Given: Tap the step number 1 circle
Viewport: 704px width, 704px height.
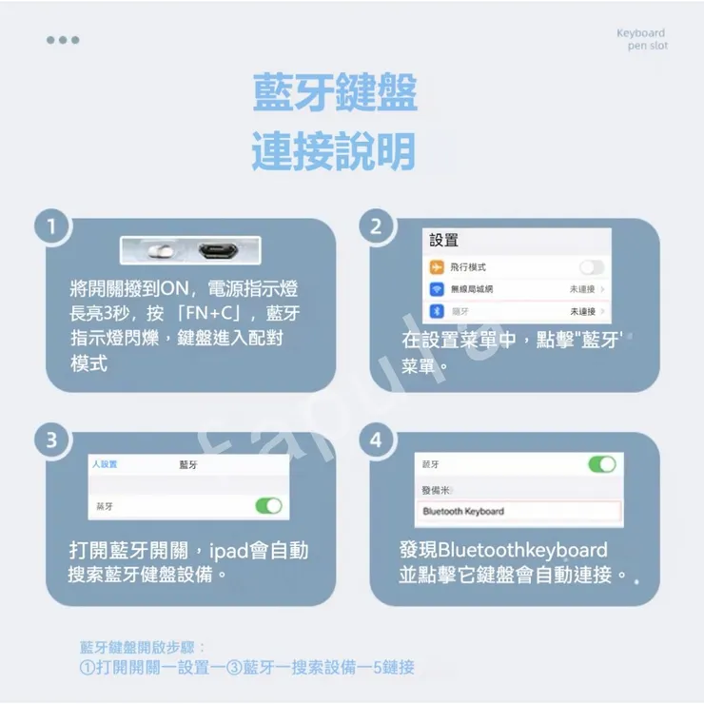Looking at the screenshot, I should [x=51, y=226].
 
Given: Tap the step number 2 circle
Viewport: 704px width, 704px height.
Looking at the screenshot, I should [x=376, y=226].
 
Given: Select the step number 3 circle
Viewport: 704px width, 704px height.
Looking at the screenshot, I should [x=51, y=440].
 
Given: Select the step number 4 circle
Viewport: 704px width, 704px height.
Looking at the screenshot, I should [x=376, y=440].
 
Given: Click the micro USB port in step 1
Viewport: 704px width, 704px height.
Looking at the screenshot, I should [x=218, y=251].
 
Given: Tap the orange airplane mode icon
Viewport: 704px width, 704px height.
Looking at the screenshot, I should [x=437, y=267].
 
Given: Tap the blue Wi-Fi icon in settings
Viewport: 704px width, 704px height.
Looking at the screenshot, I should [x=437, y=289].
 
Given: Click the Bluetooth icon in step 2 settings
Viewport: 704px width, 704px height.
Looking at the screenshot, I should [x=437, y=311].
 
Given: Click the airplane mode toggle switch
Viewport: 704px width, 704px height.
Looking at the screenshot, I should [x=592, y=267].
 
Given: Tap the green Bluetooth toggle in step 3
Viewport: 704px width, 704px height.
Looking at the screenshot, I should [x=268, y=506].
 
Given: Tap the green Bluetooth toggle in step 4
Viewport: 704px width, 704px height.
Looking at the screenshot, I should [x=601, y=464].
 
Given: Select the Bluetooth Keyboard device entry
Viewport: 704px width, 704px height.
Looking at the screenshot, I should [x=520, y=512].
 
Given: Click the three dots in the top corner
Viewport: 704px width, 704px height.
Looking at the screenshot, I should [x=63, y=40].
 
